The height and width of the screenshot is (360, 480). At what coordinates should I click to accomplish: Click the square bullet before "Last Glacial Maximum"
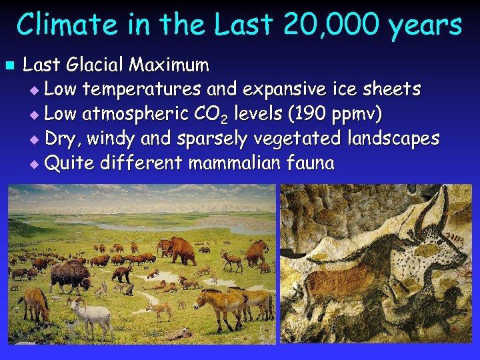coord(9,66)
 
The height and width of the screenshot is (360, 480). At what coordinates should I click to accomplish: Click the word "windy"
coord(111,139)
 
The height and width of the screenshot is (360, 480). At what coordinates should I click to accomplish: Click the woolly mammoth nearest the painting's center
coord(177,250)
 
